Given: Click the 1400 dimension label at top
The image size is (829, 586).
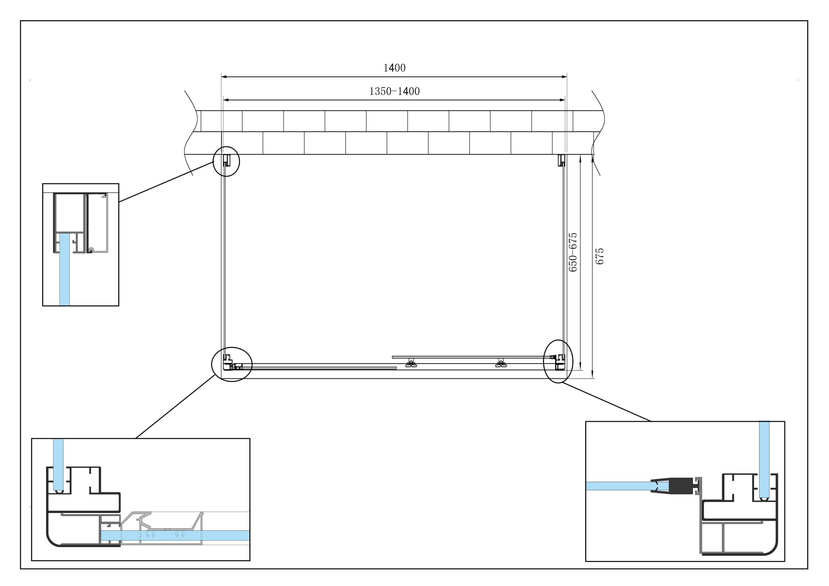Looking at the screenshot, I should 394,68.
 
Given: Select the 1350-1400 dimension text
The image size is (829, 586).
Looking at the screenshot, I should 394,91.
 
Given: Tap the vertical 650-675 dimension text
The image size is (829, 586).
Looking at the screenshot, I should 573,252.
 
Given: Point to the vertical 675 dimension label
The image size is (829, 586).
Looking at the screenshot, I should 599,256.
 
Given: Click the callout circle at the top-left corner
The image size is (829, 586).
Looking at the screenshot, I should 226,161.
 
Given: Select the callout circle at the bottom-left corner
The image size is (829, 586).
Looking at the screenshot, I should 232,364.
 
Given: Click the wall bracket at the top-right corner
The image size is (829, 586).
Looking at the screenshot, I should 561,160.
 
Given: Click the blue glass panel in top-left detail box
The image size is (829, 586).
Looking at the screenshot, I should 64,269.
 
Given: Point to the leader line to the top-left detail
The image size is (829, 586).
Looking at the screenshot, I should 166,182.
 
